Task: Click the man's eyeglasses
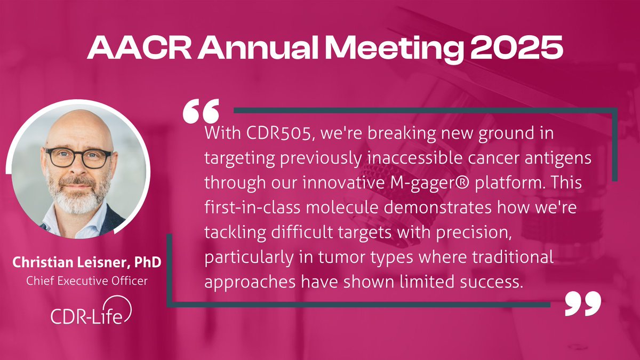(78, 157)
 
